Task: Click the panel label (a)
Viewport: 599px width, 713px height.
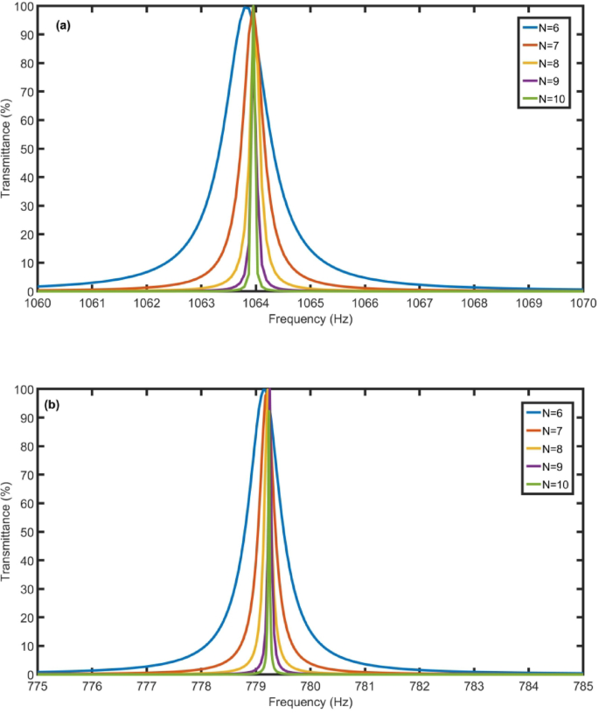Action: (62, 25)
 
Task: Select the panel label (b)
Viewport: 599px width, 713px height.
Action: (62, 408)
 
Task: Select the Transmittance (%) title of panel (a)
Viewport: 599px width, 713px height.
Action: (8, 149)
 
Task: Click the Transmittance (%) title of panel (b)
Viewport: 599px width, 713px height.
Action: (8, 532)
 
